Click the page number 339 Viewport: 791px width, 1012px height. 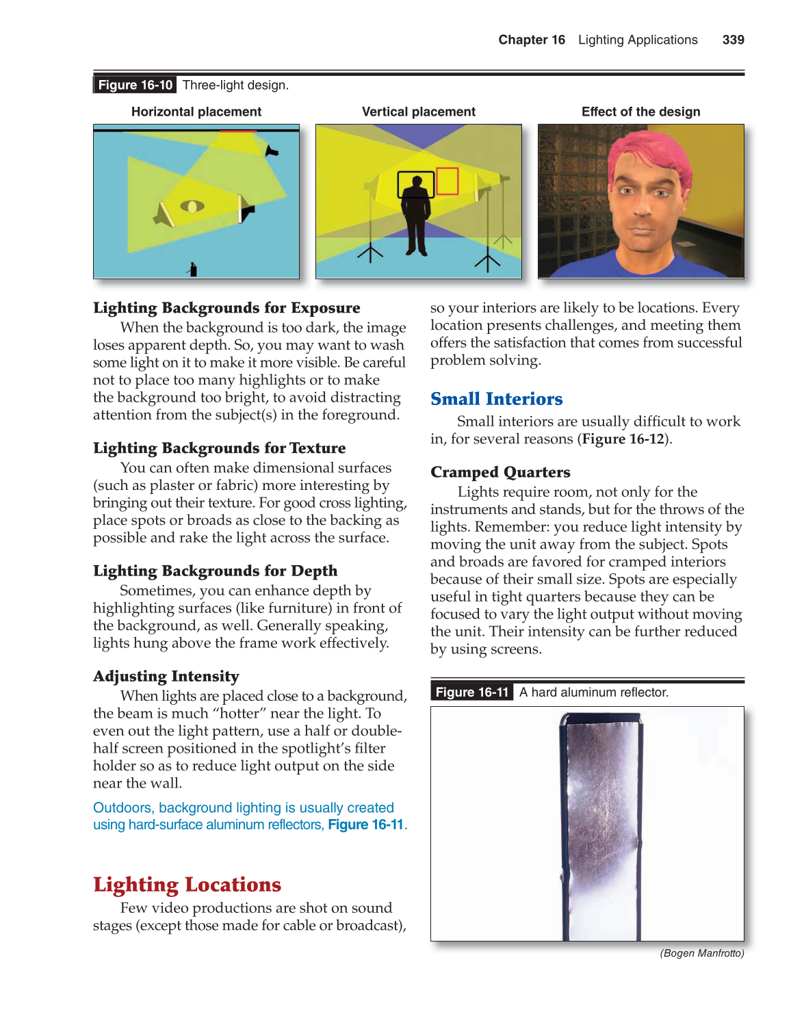733,40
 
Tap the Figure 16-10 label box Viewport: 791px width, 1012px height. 135,85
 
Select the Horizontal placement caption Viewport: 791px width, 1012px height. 196,112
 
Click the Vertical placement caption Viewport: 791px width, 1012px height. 418,112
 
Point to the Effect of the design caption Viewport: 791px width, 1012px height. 640,112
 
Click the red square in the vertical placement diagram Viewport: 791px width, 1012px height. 447,181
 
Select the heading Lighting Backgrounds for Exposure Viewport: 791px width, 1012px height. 226,308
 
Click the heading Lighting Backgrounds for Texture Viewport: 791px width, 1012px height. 219,448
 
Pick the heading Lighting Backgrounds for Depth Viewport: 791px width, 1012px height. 215,571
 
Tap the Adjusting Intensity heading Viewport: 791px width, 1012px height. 166,676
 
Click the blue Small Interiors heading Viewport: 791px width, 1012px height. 496,399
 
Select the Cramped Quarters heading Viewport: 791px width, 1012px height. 500,472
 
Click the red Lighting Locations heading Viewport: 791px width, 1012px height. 187,885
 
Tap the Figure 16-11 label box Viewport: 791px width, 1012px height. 472,692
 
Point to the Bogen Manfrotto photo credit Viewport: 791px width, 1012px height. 701,953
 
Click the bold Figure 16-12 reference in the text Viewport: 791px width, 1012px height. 623,439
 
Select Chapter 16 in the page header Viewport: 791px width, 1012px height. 532,40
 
